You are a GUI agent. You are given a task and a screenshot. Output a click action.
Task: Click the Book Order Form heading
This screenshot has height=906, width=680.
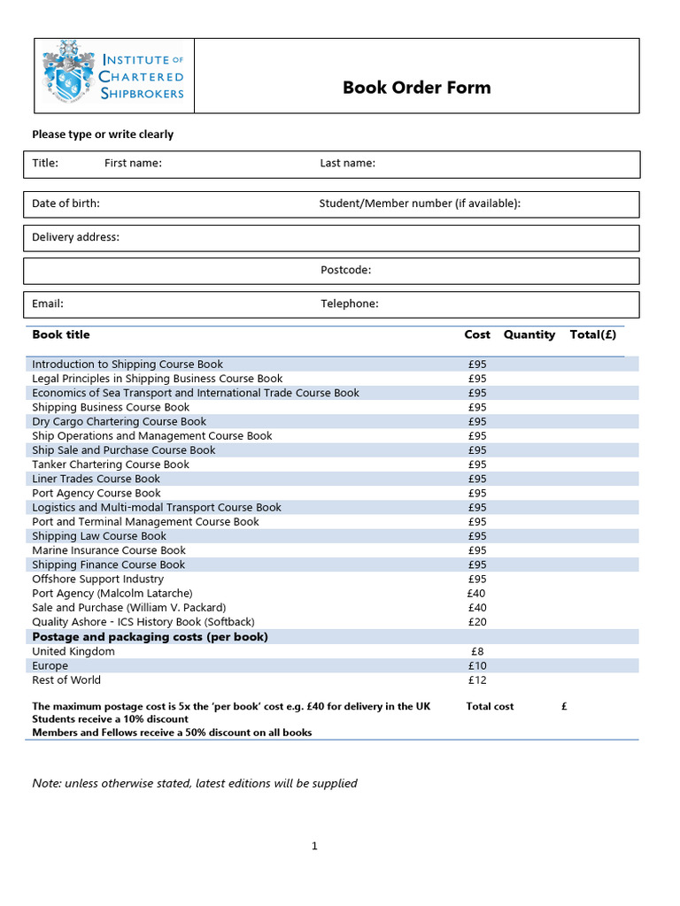pyautogui.click(x=416, y=88)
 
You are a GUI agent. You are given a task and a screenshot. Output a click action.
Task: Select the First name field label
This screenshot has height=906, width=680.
pyautogui.click(x=133, y=163)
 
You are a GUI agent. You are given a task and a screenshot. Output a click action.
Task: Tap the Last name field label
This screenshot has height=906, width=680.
pyautogui.click(x=347, y=163)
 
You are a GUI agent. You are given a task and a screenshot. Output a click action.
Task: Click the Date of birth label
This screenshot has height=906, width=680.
pyautogui.click(x=66, y=203)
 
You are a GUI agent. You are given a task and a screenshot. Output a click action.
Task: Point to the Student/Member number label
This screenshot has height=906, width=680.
pyautogui.click(x=420, y=203)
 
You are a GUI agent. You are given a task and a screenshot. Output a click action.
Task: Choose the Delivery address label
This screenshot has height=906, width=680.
pyautogui.click(x=75, y=237)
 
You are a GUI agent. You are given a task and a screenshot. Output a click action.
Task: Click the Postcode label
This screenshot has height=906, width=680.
pyautogui.click(x=345, y=270)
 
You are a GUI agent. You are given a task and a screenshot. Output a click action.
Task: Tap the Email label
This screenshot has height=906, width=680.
pyautogui.click(x=48, y=303)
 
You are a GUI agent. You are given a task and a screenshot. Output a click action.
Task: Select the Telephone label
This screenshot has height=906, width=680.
pyautogui.click(x=349, y=303)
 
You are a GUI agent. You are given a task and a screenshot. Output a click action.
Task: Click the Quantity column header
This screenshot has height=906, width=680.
pyautogui.click(x=529, y=334)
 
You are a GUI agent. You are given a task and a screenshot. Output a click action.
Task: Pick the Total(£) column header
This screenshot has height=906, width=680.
pyautogui.click(x=593, y=334)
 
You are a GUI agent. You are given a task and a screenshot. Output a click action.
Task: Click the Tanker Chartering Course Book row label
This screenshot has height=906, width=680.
pyautogui.click(x=111, y=465)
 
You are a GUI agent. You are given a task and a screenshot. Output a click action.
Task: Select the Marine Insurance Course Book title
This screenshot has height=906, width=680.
pyautogui.click(x=109, y=550)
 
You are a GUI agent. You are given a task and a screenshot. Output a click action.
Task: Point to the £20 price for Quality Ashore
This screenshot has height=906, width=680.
pyautogui.click(x=477, y=622)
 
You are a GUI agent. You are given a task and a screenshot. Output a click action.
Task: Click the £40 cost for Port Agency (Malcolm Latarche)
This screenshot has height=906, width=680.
pyautogui.click(x=477, y=593)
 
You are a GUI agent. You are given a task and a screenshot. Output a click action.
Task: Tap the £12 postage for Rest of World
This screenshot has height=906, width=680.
pyautogui.click(x=477, y=680)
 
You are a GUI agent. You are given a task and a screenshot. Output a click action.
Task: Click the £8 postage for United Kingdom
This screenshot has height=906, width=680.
pyautogui.click(x=477, y=651)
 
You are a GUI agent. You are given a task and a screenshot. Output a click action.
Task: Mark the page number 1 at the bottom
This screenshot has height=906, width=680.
pyautogui.click(x=314, y=847)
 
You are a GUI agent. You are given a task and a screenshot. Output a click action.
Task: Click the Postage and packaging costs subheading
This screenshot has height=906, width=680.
pyautogui.click(x=150, y=637)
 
